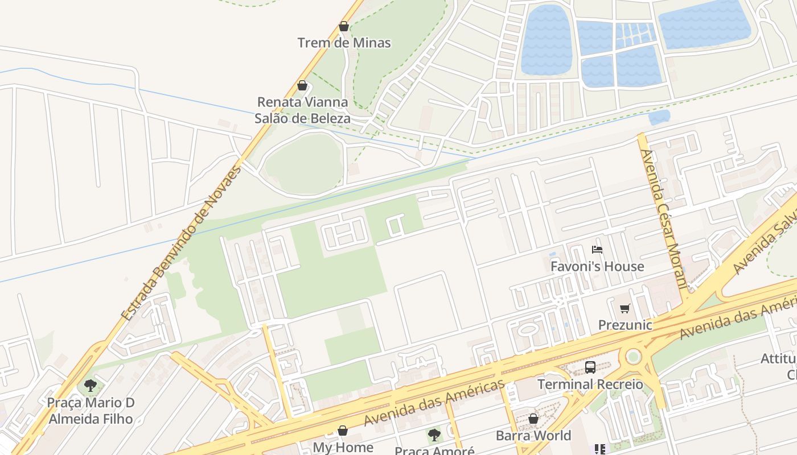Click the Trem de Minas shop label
(344, 43)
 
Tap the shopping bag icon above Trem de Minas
(343, 26)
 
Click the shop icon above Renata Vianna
(302, 86)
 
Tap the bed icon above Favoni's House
(597, 250)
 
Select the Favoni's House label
(597, 266)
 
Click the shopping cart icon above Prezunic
(625, 309)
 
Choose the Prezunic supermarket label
(625, 325)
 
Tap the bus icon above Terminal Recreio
(590, 367)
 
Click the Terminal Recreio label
(590, 384)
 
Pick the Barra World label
(533, 436)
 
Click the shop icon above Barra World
(533, 419)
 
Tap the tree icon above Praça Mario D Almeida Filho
(91, 386)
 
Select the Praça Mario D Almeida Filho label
(91, 411)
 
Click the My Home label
(343, 447)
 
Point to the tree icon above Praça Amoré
(434, 436)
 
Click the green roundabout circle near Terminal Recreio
(633, 357)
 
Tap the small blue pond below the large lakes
(659, 117)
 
